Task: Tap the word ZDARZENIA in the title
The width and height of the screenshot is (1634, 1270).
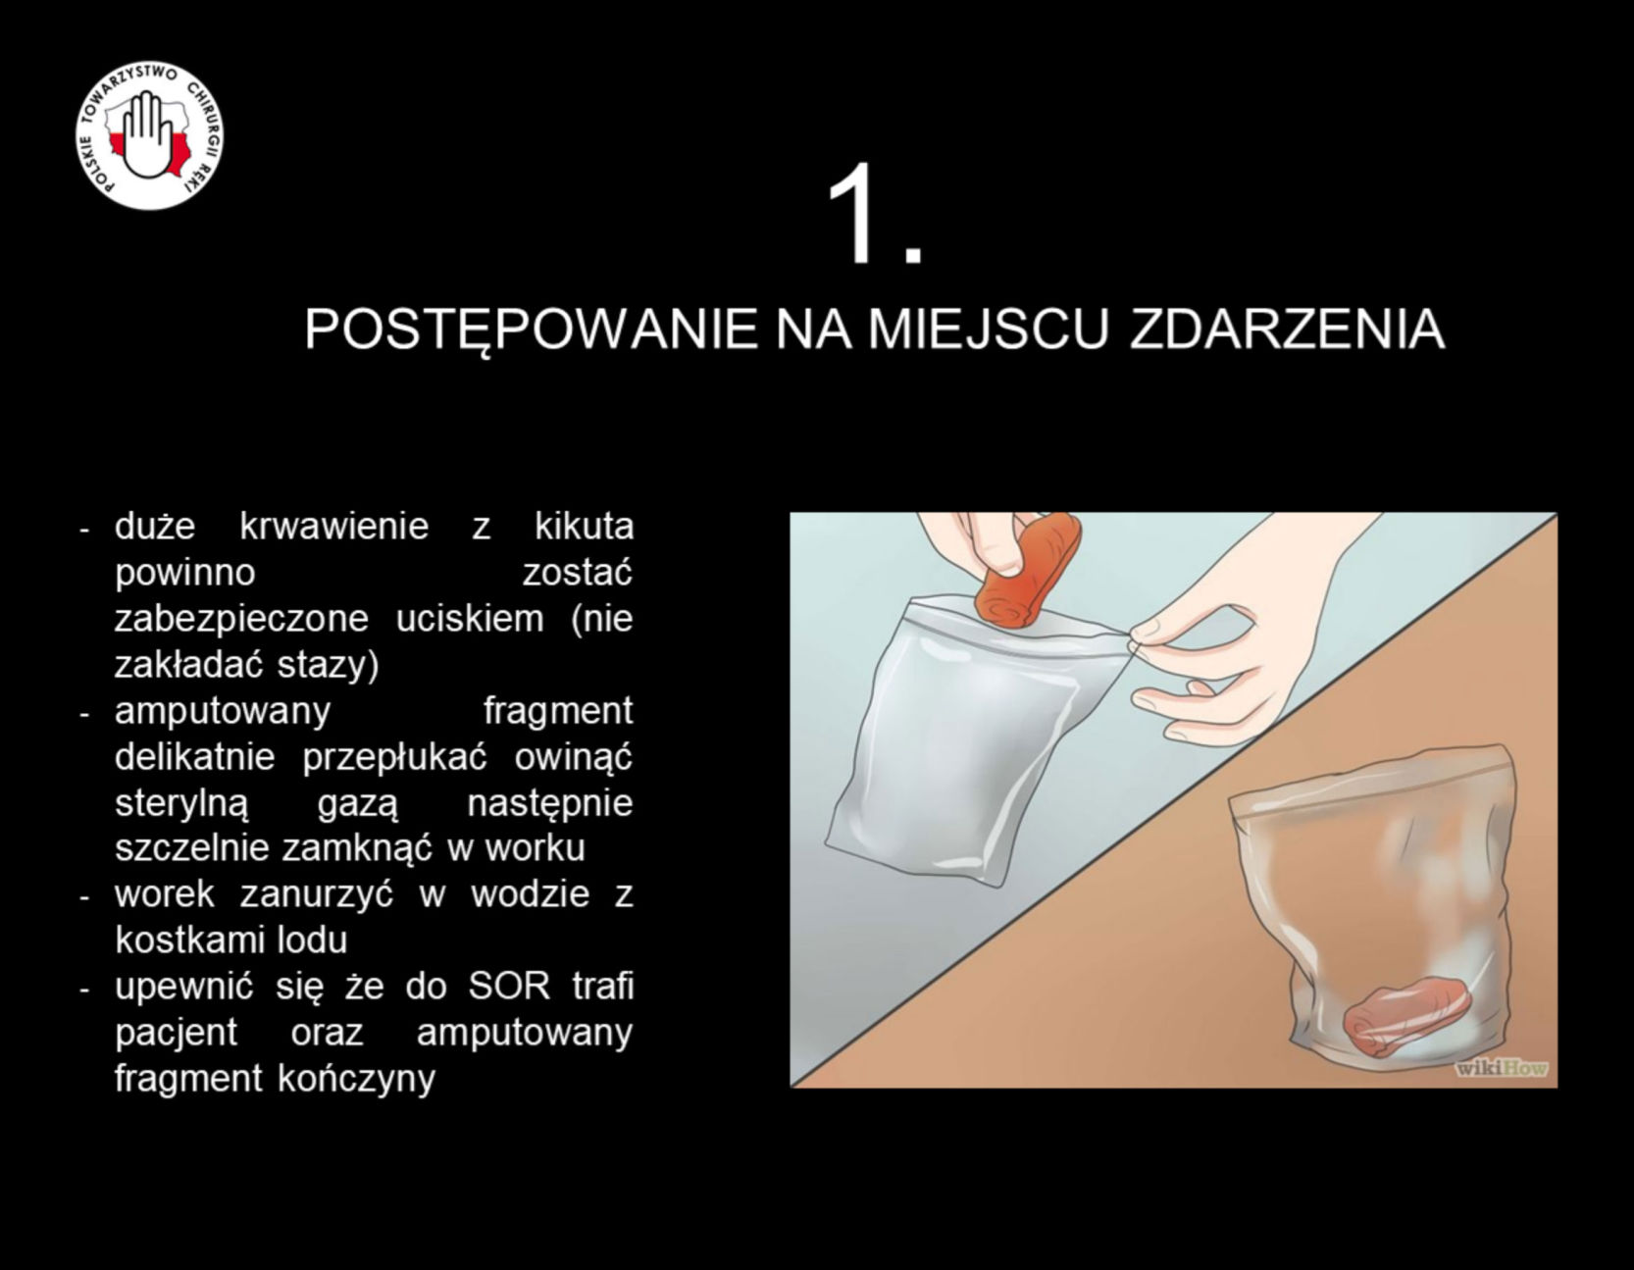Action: coord(1287,330)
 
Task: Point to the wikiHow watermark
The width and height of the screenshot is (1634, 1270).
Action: coord(1502,1067)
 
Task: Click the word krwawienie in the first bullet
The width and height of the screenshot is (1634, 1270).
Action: coord(334,527)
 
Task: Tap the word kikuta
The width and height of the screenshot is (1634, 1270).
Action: coord(584,527)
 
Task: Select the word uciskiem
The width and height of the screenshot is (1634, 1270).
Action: coord(470,619)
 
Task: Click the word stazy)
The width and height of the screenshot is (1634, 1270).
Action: coord(328,665)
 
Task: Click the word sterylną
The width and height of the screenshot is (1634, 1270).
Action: coord(181,804)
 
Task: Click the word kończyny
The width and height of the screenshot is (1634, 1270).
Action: coord(356,1079)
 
